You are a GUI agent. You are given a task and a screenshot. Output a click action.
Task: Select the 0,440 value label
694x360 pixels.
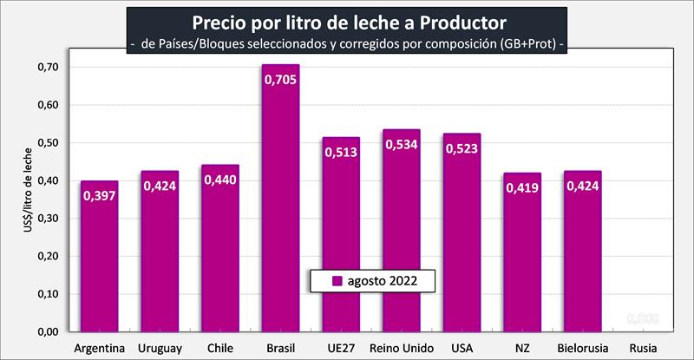[x=219, y=180]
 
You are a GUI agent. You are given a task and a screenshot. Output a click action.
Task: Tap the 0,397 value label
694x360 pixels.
[x=100, y=196]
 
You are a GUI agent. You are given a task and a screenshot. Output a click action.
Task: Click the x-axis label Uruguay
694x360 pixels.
[x=160, y=349]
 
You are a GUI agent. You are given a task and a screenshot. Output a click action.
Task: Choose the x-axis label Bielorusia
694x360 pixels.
[x=581, y=349]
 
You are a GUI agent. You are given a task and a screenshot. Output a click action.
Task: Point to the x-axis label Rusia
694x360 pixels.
[x=642, y=349]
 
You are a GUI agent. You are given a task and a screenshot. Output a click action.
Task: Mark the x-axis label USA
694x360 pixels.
[x=462, y=349]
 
